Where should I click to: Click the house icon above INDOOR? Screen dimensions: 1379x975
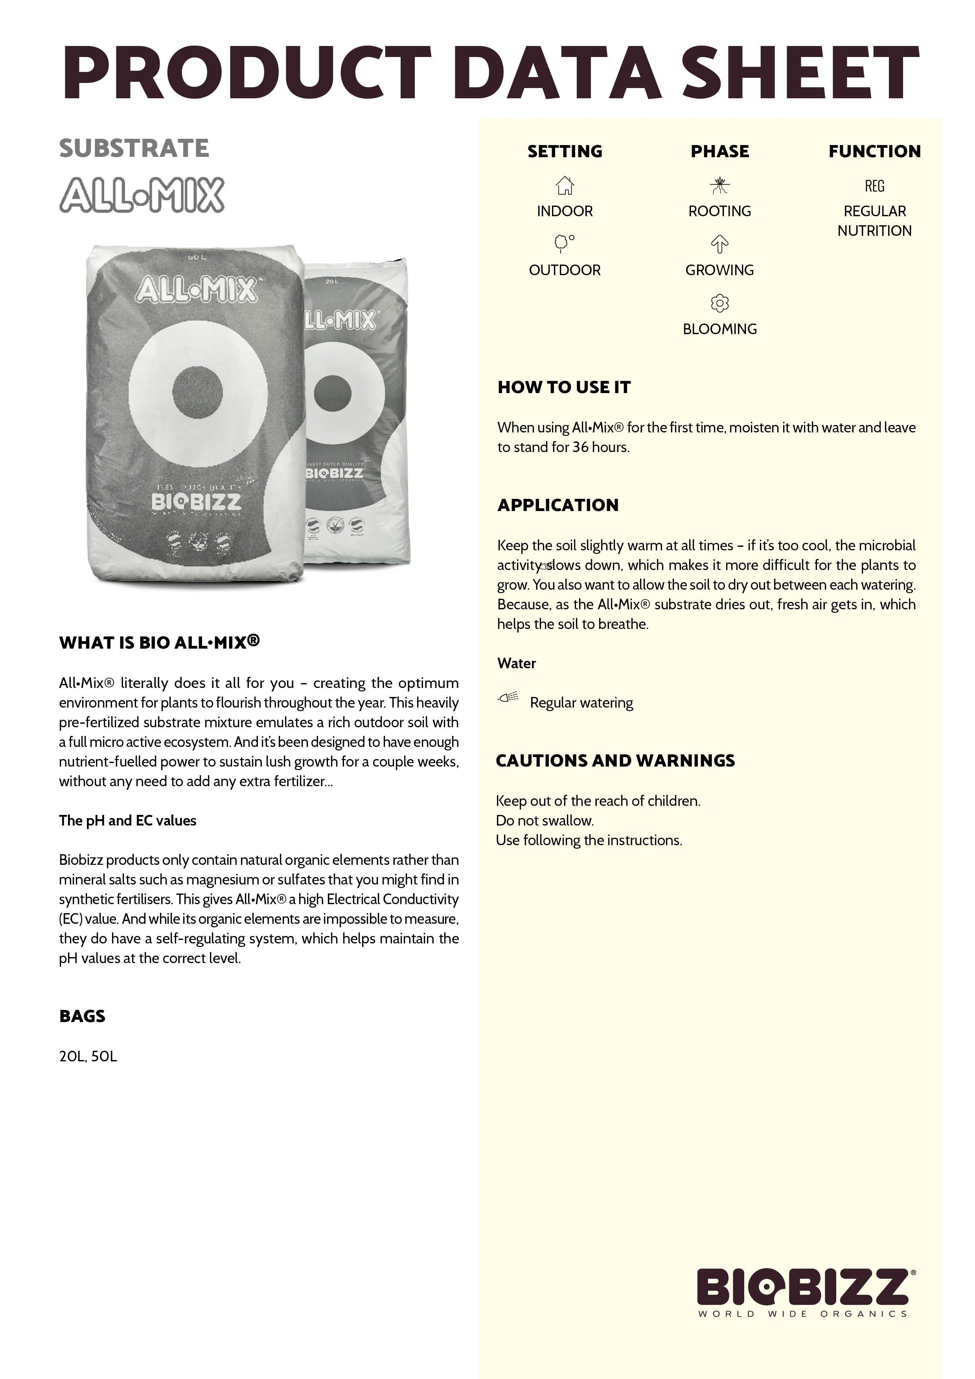565,185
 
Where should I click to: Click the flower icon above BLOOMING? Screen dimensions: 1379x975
720,303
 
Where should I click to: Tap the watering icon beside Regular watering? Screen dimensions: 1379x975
508,697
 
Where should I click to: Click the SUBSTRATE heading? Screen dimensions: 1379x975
134,148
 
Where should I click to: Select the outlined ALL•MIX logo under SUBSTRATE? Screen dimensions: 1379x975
142,195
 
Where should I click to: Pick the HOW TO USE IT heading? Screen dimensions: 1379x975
564,387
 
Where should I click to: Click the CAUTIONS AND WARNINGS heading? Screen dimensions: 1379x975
615,761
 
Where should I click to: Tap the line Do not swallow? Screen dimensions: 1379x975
544,820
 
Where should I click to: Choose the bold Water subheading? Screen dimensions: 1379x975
517,663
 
